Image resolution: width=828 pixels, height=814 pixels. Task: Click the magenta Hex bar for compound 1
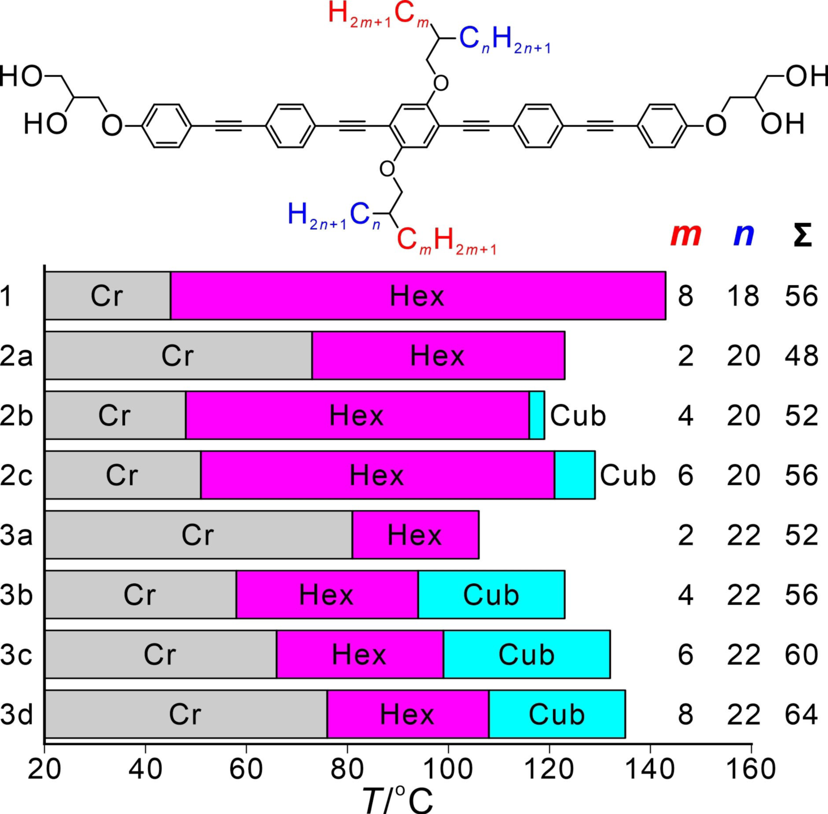tap(418, 296)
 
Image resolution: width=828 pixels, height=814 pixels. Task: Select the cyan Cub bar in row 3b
tap(491, 595)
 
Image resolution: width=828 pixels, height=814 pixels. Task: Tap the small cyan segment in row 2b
tap(537, 415)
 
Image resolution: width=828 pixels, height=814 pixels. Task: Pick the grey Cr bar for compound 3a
tap(198, 535)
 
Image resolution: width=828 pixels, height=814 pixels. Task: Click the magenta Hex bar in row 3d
tap(407, 714)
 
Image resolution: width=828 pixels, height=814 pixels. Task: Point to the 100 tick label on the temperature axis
tap(448, 769)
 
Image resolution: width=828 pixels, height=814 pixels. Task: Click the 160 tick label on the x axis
tap(751, 769)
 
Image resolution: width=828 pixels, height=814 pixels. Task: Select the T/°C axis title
tap(397, 799)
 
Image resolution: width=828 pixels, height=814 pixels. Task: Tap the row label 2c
tap(16, 475)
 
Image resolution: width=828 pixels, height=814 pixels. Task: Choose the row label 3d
tap(16, 714)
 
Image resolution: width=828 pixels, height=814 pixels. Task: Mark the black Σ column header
tap(802, 235)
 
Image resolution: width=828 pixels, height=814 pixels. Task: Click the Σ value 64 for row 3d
tap(801, 714)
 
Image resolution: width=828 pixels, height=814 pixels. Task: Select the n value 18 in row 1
tap(743, 296)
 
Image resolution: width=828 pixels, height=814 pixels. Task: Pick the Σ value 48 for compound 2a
tap(801, 356)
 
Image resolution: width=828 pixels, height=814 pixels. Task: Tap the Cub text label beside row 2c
tap(628, 475)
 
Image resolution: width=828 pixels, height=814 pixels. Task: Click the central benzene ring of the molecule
tap(414, 126)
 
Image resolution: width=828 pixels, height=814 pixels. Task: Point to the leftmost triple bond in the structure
tap(229, 126)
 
